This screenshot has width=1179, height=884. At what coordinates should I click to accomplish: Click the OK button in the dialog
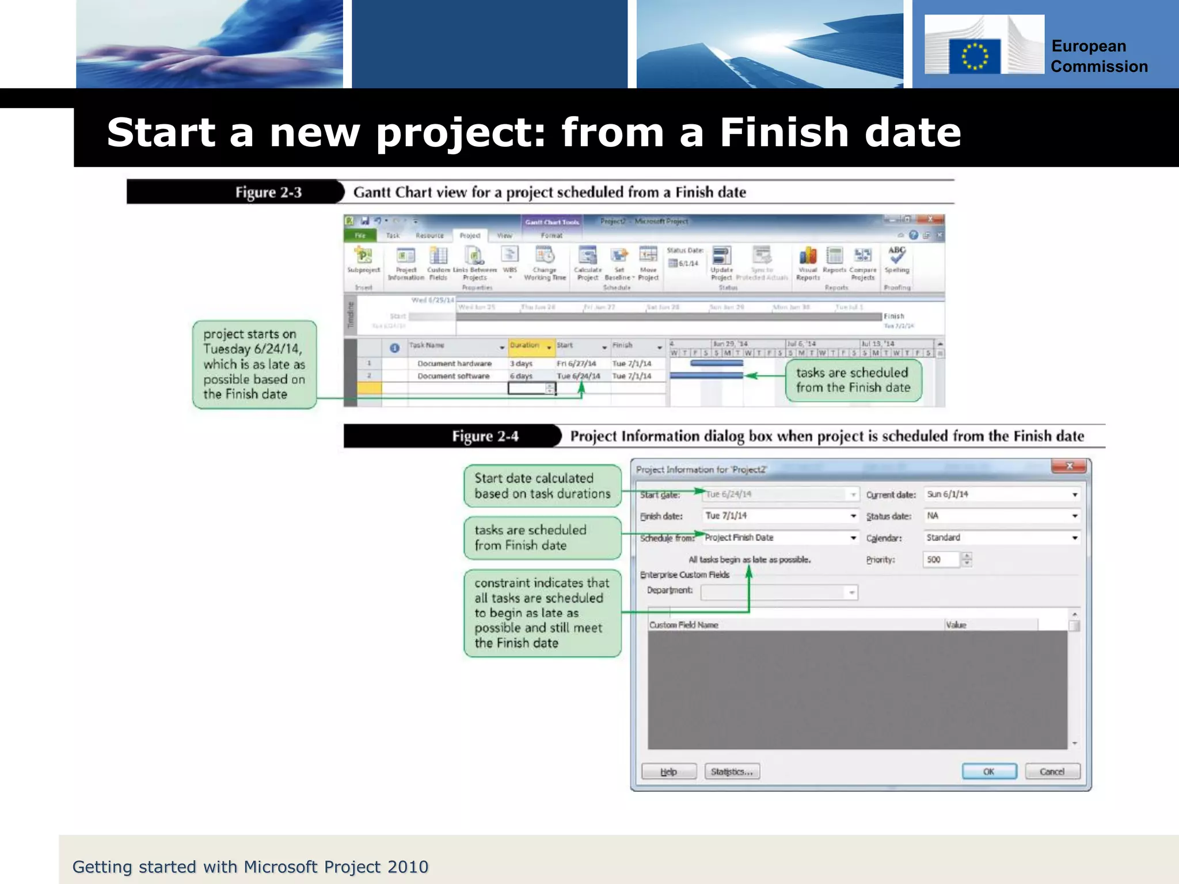988,771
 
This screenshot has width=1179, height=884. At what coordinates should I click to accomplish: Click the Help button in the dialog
668,771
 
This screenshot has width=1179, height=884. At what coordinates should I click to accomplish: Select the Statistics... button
732,771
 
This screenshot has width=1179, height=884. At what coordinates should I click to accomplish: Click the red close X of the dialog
1069,466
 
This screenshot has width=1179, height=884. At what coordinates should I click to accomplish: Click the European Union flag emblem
975,56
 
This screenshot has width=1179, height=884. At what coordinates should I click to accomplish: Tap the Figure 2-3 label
268,192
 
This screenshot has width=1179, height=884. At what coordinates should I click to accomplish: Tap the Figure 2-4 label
485,436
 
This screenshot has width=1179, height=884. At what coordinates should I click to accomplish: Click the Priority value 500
940,559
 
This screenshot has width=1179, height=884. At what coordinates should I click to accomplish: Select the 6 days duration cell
522,376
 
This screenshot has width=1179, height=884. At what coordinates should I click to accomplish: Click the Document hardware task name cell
454,364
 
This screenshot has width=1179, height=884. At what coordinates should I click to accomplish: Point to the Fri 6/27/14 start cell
576,364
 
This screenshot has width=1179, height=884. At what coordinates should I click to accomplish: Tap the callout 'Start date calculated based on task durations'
542,486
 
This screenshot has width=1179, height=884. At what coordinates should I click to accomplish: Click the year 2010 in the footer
408,866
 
